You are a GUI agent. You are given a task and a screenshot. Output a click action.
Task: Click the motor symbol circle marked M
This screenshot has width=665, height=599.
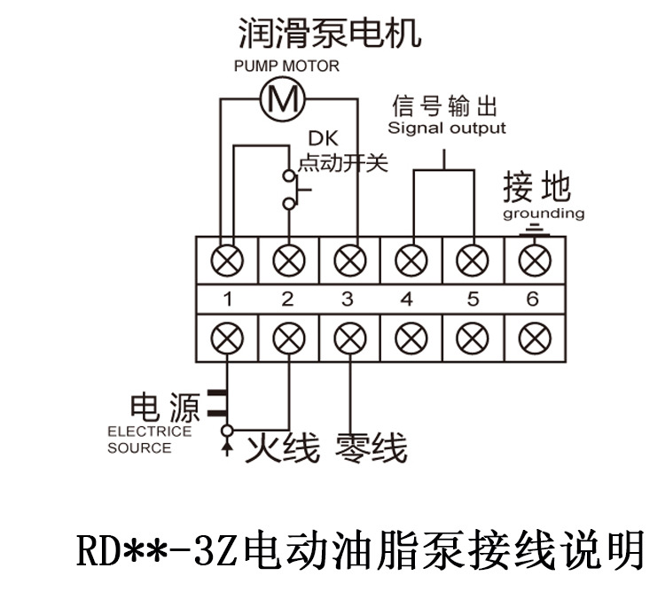(x=283, y=97)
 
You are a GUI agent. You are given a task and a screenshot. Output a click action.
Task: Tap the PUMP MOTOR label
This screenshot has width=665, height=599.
(x=286, y=66)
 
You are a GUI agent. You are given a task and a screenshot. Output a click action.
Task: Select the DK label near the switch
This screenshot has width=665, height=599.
(x=321, y=139)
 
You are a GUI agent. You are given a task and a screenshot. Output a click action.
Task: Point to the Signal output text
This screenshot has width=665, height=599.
(x=447, y=128)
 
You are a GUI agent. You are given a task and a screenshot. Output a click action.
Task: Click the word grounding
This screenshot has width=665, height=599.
(x=544, y=214)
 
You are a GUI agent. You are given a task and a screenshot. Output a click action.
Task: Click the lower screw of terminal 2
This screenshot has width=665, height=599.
(x=288, y=338)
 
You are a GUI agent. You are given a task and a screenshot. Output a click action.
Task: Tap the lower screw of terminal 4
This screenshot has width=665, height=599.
(x=410, y=338)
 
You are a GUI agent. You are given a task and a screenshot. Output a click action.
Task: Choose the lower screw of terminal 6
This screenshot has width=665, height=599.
(x=532, y=338)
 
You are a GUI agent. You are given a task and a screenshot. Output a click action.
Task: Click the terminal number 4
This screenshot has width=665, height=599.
(x=407, y=299)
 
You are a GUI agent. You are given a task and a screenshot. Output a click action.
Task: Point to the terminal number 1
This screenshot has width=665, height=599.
(x=227, y=299)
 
